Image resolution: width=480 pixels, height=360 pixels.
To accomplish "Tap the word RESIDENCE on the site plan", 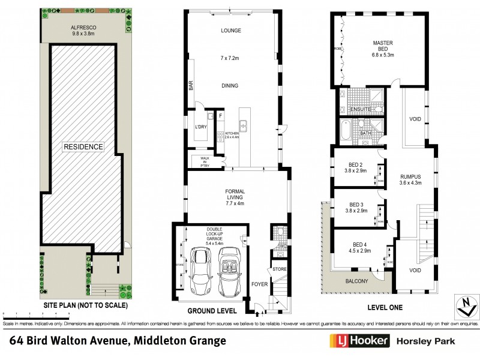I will tap(85, 146).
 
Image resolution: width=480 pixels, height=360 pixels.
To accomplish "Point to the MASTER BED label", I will tap(382, 47).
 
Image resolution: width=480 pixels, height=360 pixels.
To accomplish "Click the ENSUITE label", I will tap(360, 110).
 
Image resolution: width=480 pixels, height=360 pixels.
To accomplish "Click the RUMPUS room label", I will tap(412, 180).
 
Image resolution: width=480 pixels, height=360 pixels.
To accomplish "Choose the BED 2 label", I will tap(355, 168).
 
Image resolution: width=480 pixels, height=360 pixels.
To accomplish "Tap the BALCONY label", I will tap(357, 281).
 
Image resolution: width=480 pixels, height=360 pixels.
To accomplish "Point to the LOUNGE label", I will tap(230, 30).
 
